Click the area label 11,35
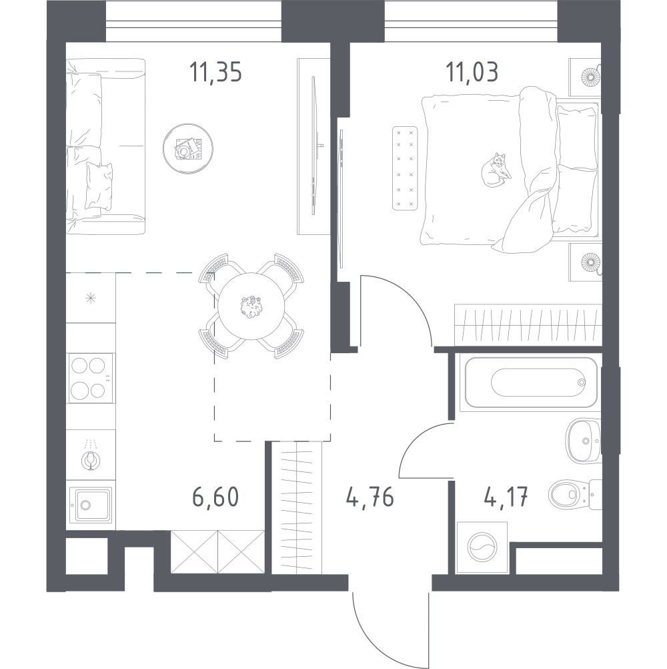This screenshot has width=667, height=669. click(215, 72)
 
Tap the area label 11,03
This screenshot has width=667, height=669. click(474, 72)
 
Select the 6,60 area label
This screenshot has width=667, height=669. click(215, 498)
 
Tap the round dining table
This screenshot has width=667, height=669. click(250, 306)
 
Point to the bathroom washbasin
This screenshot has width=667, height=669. click(583, 440)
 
